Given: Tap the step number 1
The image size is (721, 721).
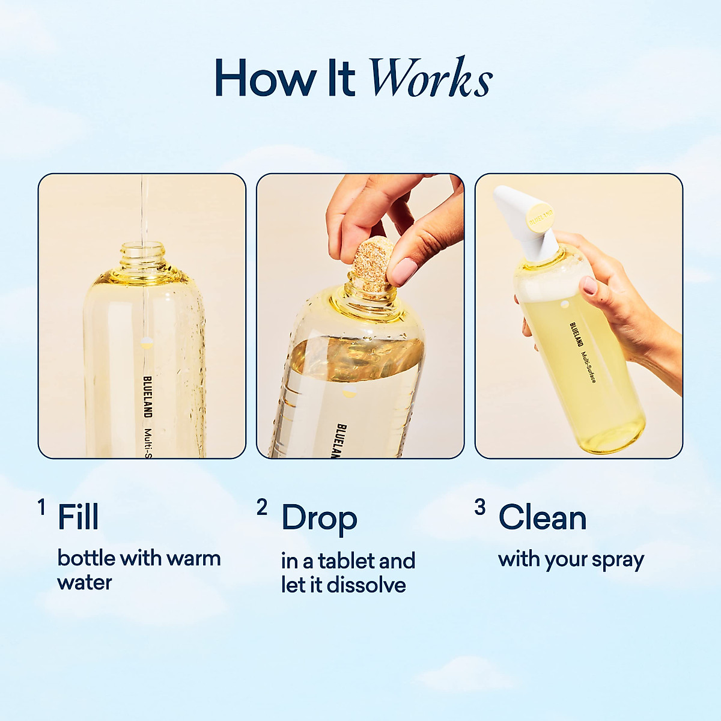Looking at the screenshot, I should tap(41, 508).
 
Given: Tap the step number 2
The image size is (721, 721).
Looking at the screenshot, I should tap(261, 508).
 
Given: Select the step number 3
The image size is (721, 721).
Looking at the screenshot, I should tap(479, 508).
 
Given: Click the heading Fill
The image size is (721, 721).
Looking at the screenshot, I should tap(78, 517).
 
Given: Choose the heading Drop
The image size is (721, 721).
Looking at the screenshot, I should tap(319, 519).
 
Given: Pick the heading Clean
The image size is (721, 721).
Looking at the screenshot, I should tap(542, 517).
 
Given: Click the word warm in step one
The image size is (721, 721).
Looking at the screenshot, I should tap(193, 558).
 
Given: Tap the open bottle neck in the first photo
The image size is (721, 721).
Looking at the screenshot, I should tap(142, 255).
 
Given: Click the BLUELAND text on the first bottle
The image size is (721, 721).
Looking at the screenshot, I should tap(147, 397).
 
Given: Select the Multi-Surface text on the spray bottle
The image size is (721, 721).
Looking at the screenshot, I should tap(588, 368).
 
